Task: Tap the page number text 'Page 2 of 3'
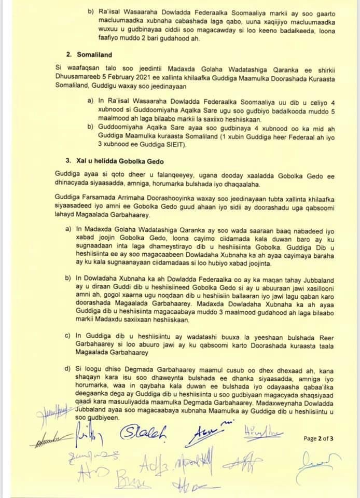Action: pos(319,438)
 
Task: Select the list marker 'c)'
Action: pos(67,336)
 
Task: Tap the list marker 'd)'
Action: pos(67,369)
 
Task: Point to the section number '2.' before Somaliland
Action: pos(68,54)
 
